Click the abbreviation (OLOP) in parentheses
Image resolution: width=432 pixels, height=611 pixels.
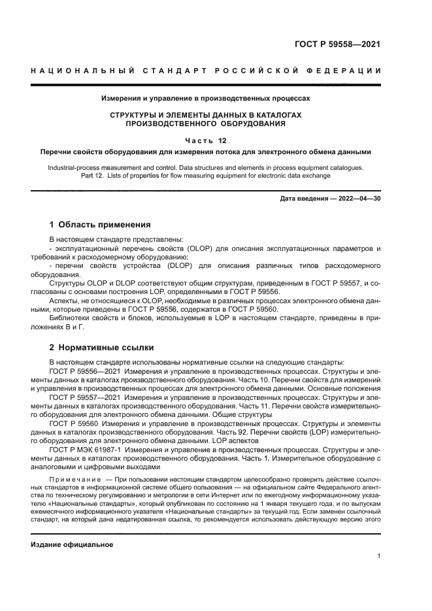point(204,249)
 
